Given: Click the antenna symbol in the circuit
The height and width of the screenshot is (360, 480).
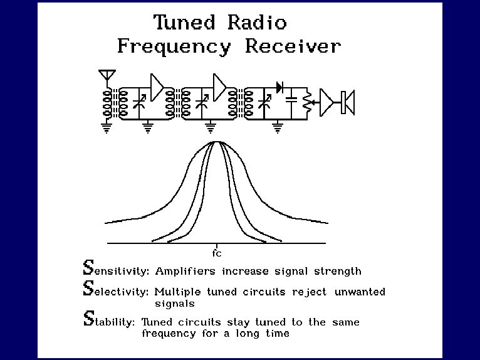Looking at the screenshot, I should tap(107, 76).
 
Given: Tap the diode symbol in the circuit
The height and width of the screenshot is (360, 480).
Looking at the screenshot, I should tap(280, 88).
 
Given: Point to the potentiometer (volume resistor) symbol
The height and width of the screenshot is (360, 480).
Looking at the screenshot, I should tap(306, 103).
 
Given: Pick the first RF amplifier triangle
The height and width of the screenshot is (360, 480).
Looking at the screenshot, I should tap(157, 86).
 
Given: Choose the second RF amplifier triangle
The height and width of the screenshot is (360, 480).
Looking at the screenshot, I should tap(219, 86).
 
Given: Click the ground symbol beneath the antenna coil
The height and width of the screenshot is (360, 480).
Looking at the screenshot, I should tap(107, 127).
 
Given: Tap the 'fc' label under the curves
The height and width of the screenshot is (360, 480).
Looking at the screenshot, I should tap(217, 253).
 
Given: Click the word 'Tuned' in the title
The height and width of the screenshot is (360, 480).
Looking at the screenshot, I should tap(184, 23).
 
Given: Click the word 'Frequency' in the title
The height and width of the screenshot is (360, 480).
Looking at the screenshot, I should tap(174, 46).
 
